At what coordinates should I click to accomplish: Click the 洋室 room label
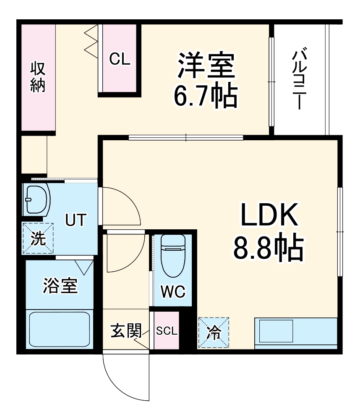206,66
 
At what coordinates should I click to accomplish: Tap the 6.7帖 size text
206,96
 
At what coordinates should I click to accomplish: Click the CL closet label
120,59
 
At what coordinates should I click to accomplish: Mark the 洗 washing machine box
38,239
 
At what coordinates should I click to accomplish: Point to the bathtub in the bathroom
60,329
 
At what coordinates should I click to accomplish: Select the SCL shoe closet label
167,331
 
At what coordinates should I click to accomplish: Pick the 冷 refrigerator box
214,333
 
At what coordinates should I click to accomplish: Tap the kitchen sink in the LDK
277,331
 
